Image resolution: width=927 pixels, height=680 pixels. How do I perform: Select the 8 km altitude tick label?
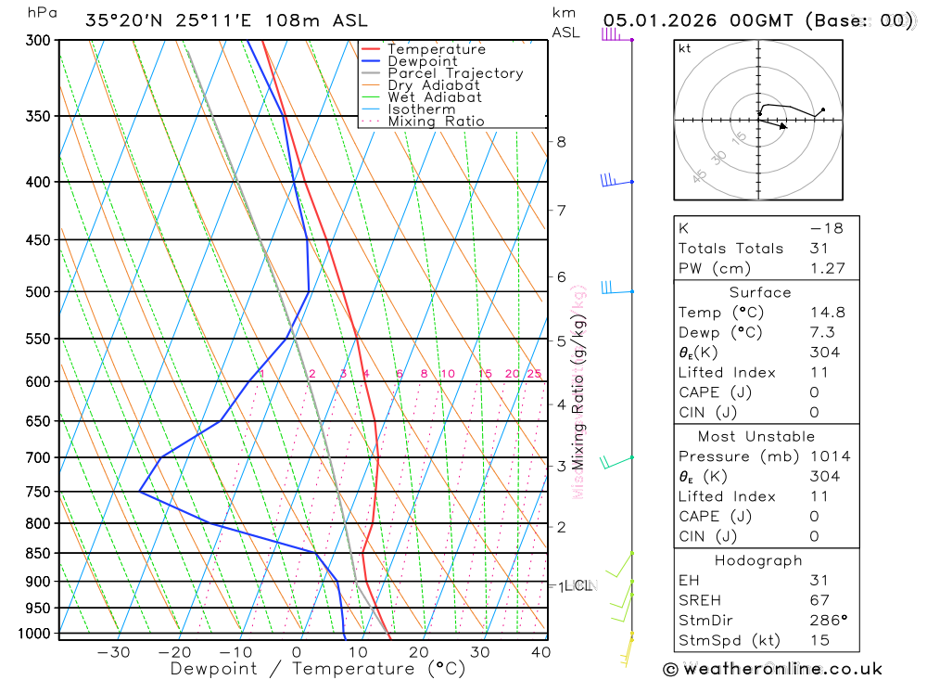pos(561,142)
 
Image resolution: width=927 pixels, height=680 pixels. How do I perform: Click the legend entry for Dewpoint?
pos(423,61)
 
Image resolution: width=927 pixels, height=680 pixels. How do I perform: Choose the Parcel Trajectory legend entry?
pos(455,73)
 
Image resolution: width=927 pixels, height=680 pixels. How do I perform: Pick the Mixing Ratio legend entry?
pos(436,122)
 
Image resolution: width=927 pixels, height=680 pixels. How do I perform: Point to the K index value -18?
pos(825,228)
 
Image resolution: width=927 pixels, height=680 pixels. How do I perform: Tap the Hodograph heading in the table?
pos(758,560)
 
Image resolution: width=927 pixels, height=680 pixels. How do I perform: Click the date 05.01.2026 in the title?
pos(667,20)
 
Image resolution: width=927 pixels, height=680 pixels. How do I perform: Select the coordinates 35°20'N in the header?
pos(127,20)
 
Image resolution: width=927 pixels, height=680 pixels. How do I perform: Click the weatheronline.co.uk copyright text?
pos(772,668)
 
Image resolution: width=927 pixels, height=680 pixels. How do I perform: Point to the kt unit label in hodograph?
pos(685,48)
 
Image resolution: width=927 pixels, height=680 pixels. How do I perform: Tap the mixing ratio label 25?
pos(534,374)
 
